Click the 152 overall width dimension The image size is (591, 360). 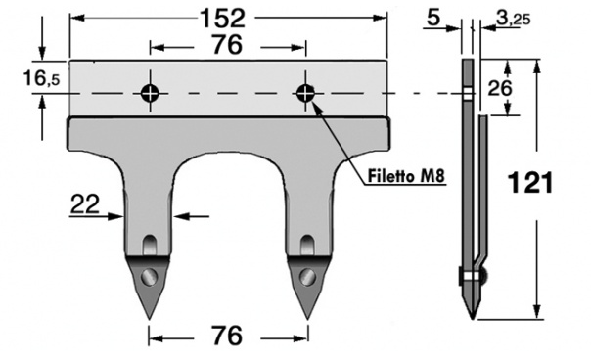(x=222, y=18)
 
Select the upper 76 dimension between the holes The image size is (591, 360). (x=227, y=44)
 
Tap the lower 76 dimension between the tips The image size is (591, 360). (x=227, y=336)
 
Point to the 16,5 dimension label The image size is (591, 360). (x=41, y=79)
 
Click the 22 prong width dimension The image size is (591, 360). (x=85, y=203)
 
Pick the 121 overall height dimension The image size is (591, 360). (x=530, y=183)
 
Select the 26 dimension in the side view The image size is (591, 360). (x=500, y=88)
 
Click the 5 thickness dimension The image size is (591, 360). (x=433, y=17)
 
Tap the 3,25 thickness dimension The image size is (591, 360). (x=513, y=18)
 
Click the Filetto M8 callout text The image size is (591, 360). (x=406, y=176)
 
